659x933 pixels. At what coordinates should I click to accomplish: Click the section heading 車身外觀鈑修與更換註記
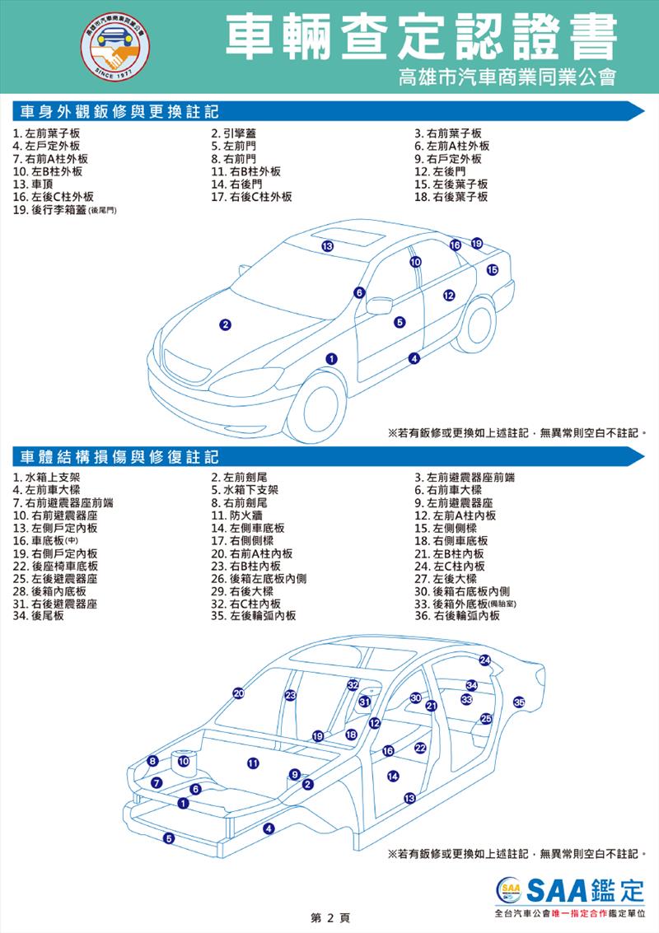point(119,111)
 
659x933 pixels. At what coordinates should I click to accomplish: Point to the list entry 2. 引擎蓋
point(233,134)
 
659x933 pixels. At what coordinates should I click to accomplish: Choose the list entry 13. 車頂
point(33,184)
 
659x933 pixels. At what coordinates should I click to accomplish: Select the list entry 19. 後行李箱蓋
point(64,210)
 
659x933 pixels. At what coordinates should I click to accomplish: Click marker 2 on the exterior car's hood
point(225,325)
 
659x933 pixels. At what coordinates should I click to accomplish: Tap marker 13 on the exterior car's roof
point(327,246)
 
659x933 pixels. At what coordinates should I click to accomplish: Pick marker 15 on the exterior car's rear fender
point(493,270)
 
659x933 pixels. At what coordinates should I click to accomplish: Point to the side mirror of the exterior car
point(379,306)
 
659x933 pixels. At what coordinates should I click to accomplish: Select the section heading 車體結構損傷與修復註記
point(119,457)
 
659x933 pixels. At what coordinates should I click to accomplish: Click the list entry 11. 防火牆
point(236,515)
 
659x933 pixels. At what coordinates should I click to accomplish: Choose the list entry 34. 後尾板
point(39,616)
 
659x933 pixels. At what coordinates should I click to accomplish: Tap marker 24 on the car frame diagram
point(485,660)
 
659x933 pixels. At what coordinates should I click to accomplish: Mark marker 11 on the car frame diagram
point(253,763)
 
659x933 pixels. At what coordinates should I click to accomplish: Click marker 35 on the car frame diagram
point(519,702)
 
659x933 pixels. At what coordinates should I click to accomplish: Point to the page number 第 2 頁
point(330,918)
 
